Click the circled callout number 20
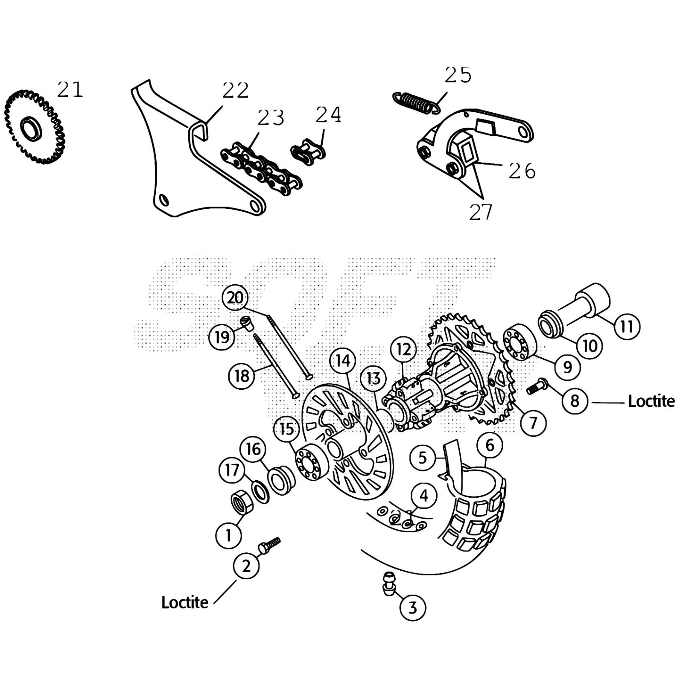[235, 298]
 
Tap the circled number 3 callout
[412, 607]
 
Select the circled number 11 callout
[626, 327]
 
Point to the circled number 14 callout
[343, 361]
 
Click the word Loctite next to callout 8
[651, 401]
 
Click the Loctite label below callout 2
[184, 602]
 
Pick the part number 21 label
[70, 90]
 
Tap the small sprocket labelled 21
[34, 127]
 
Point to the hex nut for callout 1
[242, 502]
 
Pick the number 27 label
[481, 212]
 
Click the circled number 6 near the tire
[490, 445]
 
